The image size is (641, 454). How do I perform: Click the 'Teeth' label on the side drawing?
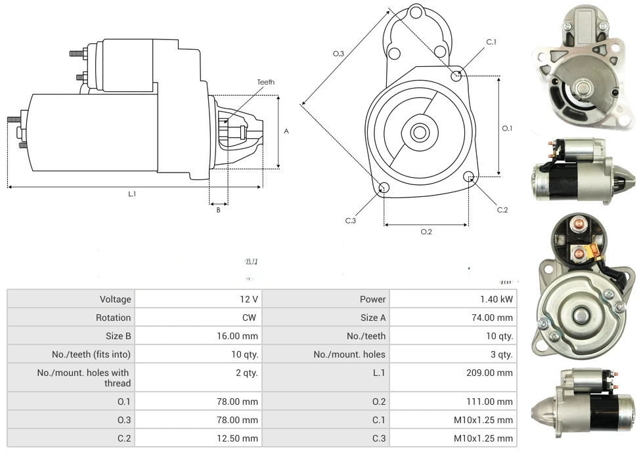coord(265,82)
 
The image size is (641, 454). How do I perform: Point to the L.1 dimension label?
coord(132,194)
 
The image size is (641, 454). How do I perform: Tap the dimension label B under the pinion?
coord(218,210)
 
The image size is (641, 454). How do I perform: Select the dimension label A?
coord(286,131)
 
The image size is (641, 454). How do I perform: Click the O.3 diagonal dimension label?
coord(338,54)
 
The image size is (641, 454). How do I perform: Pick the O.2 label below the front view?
coord(426,231)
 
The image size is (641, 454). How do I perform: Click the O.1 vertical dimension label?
coord(506,129)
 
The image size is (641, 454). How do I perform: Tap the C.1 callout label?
coord(491,42)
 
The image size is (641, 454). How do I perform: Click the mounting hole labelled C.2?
coord(469,176)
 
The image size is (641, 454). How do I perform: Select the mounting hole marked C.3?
coord(385,189)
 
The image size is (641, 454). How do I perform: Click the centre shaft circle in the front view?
coord(419,133)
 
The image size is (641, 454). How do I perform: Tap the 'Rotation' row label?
coord(114,318)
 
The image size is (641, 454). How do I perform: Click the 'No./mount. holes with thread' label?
coord(84,378)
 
